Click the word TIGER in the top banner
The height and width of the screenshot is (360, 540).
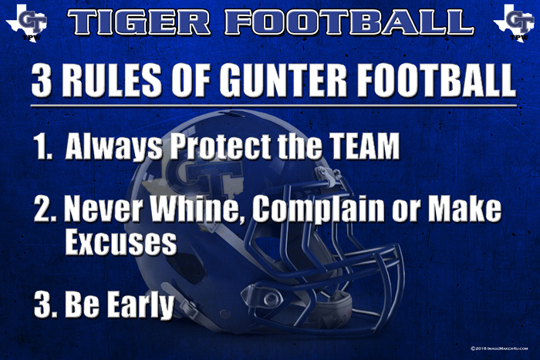click(139, 22)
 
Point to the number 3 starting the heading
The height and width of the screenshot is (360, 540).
click(42, 80)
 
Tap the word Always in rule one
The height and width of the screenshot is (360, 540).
click(114, 146)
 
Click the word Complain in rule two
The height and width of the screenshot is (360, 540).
click(318, 210)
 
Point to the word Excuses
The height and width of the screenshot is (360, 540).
click(121, 242)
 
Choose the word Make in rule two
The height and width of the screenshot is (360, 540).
click(464, 209)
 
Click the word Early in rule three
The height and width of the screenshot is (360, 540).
click(140, 304)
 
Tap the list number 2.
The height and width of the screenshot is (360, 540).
click(45, 210)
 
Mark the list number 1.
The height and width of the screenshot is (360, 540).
click(43, 146)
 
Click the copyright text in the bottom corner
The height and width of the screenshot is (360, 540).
click(499, 348)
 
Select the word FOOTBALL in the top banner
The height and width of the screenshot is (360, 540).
click(349, 22)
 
